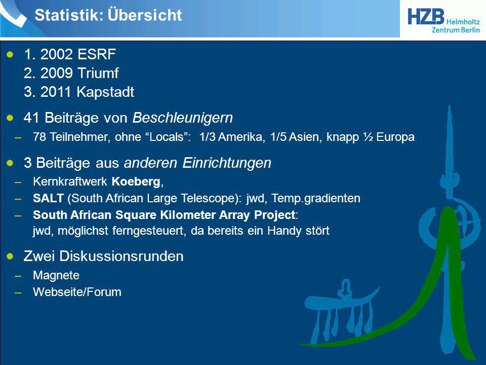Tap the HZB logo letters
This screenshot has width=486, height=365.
pyautogui.click(x=426, y=16)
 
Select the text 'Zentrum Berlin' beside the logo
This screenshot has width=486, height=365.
pyautogui.click(x=456, y=30)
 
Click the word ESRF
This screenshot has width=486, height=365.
pyautogui.click(x=96, y=54)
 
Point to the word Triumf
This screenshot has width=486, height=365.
pyautogui.click(x=98, y=73)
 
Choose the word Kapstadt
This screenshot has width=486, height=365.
pyautogui.click(x=105, y=92)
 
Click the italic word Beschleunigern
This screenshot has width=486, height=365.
pyautogui.click(x=183, y=118)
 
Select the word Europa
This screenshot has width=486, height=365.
pyautogui.click(x=395, y=137)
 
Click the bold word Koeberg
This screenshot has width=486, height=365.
pyautogui.click(x=136, y=181)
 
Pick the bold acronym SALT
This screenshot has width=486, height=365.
pyautogui.click(x=49, y=198)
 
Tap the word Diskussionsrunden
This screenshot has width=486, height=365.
pyautogui.click(x=121, y=257)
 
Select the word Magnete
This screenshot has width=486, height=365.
pyautogui.click(x=56, y=275)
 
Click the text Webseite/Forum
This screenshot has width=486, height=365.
pyautogui.click(x=77, y=292)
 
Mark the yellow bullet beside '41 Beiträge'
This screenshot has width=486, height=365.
pyautogui.click(x=10, y=118)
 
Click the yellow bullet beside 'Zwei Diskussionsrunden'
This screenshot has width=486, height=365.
pyautogui.click(x=10, y=256)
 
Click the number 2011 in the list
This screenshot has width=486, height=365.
pyautogui.click(x=56, y=92)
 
